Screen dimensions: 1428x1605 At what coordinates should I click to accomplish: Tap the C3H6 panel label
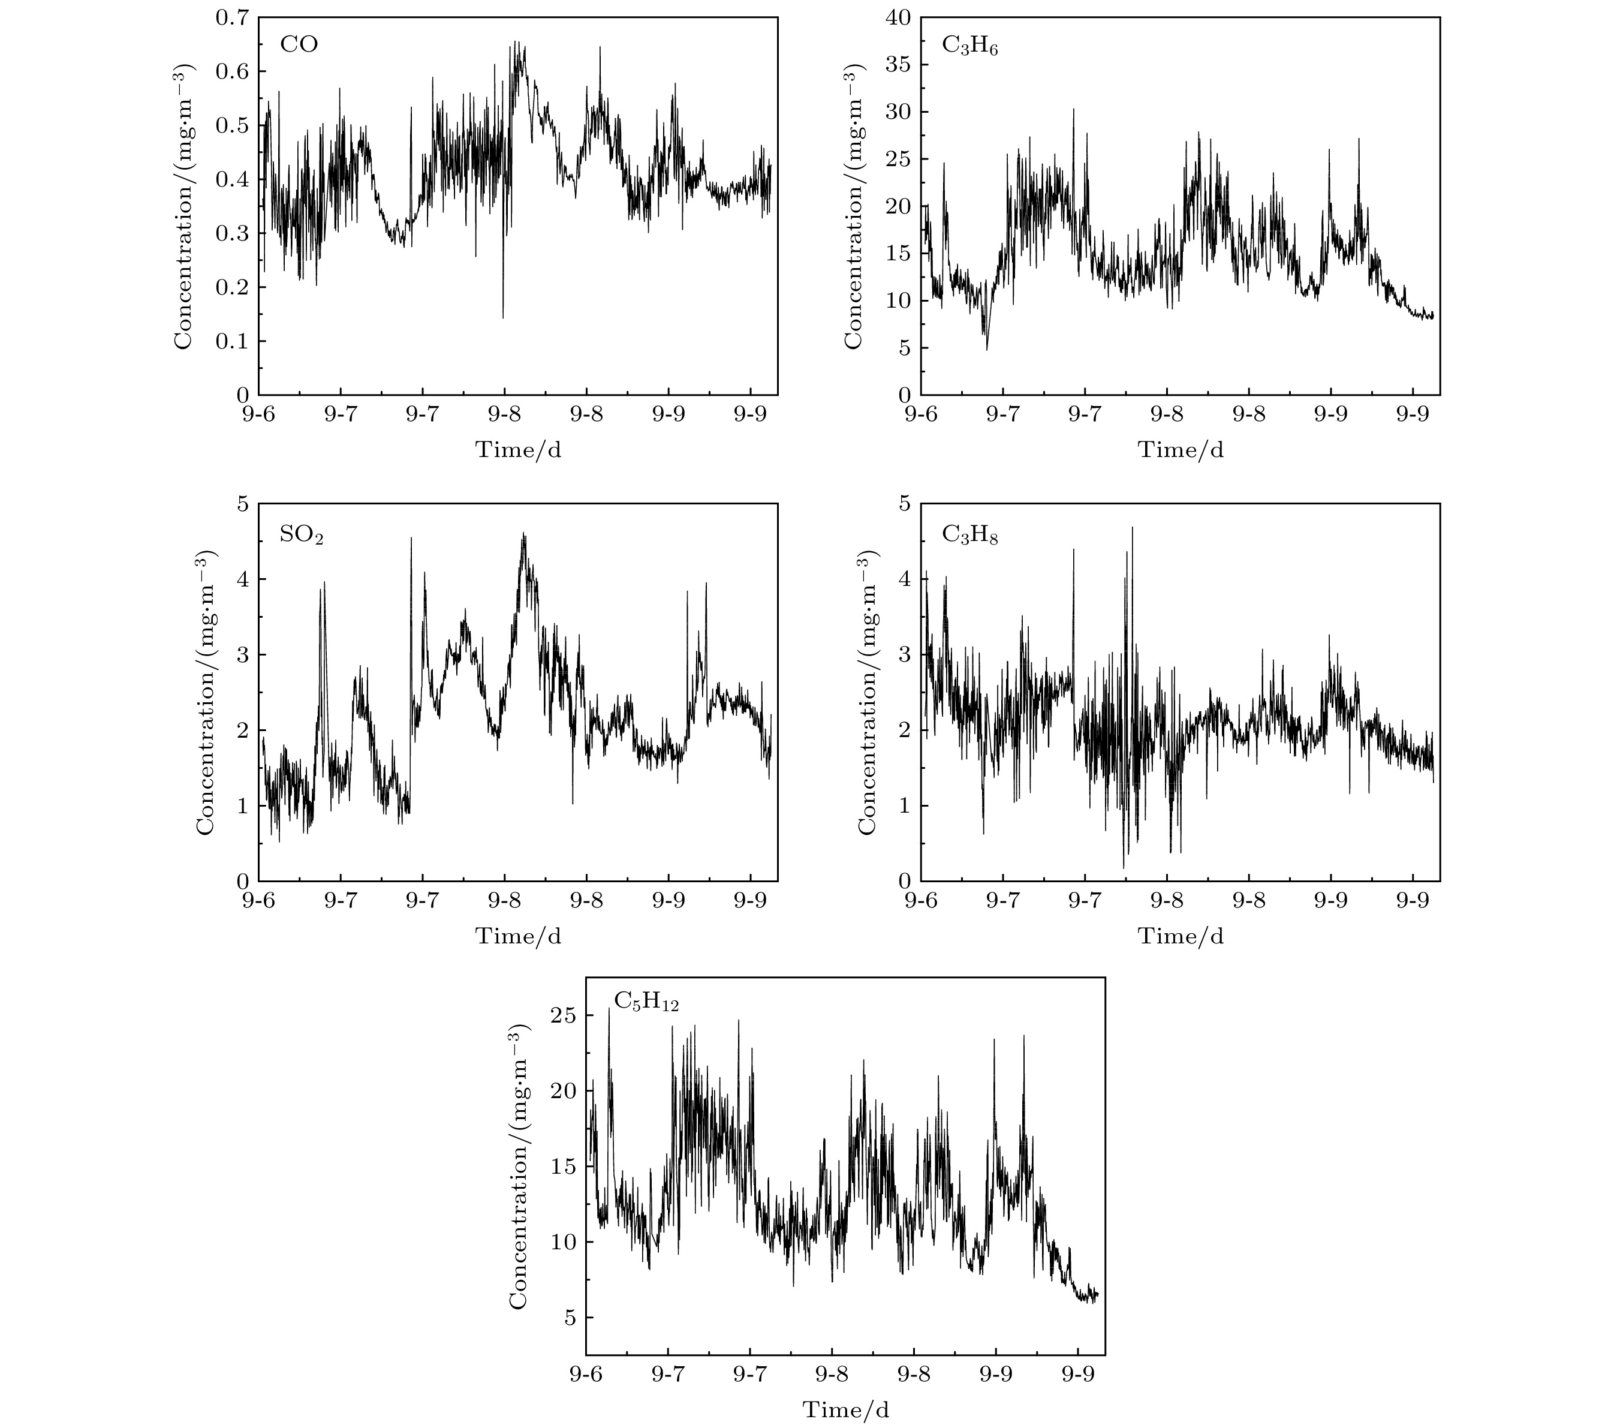[969, 46]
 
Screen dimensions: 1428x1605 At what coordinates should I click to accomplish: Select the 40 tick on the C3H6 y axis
[902, 17]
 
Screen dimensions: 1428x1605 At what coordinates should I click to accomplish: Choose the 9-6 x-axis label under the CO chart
[259, 416]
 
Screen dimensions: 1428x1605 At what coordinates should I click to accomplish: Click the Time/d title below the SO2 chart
[518, 936]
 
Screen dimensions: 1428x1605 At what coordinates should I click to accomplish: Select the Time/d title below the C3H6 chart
[1180, 449]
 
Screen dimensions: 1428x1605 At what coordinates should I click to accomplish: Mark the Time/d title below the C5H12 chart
[846, 1410]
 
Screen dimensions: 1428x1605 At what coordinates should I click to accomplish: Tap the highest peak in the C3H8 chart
[1131, 528]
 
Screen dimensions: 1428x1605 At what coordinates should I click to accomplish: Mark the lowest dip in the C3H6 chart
[987, 348]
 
